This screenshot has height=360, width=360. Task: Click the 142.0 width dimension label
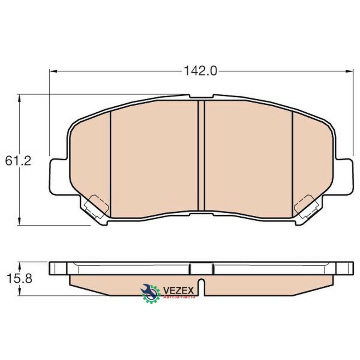click(200, 72)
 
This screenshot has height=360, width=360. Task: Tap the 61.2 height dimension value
click(18, 161)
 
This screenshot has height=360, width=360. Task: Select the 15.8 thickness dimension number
click(19, 279)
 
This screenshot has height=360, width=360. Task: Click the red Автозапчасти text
click(179, 297)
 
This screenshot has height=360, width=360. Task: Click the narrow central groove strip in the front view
click(201, 156)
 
